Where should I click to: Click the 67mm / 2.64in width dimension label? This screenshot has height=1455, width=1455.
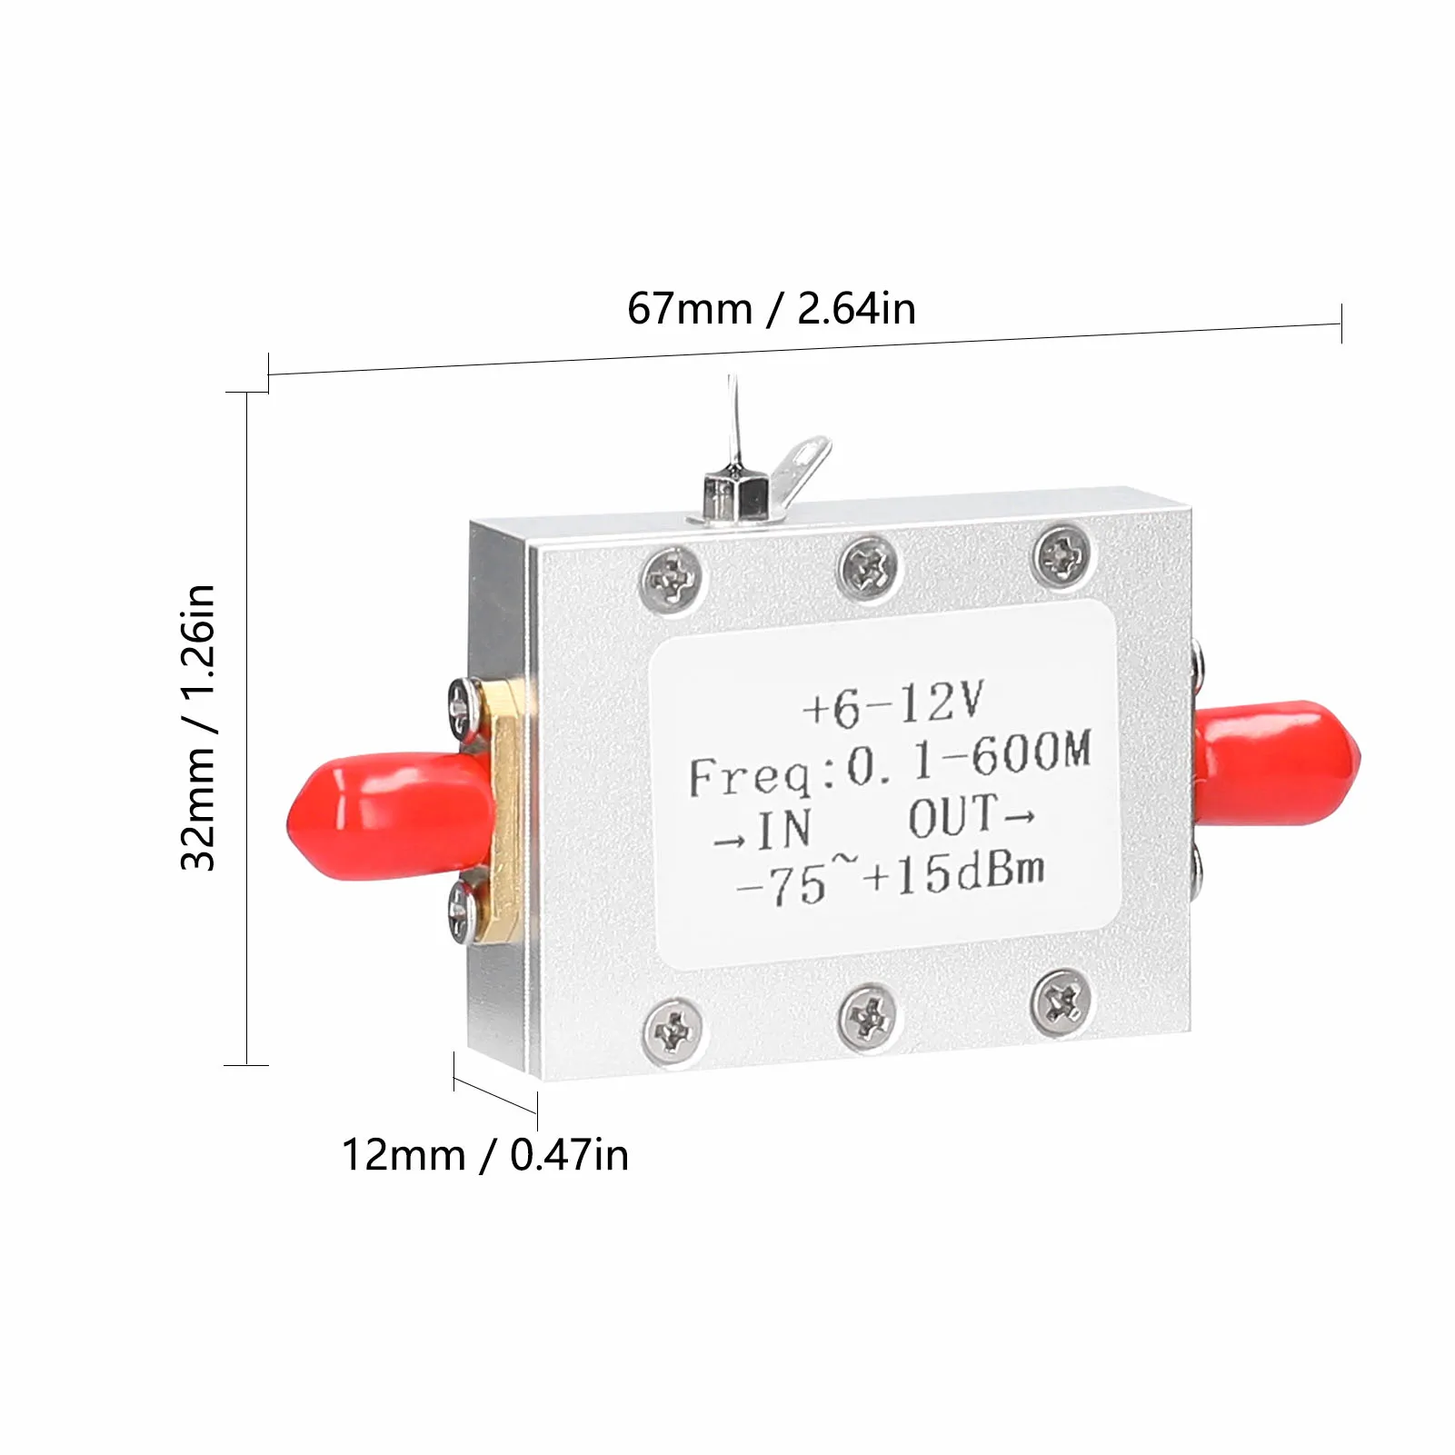[x=771, y=308]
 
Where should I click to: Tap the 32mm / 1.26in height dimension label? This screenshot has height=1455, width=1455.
[x=198, y=727]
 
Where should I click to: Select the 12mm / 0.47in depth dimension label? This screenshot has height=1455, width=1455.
[x=484, y=1155]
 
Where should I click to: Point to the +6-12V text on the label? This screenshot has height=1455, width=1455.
[x=892, y=703]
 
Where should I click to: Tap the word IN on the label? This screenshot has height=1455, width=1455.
[x=783, y=829]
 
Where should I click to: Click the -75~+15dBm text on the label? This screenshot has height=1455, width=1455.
[x=889, y=879]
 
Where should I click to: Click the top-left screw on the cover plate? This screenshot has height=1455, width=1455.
[x=673, y=577]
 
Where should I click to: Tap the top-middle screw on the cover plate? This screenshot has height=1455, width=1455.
[x=868, y=567]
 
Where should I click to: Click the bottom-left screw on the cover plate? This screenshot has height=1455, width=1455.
[x=673, y=1031]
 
